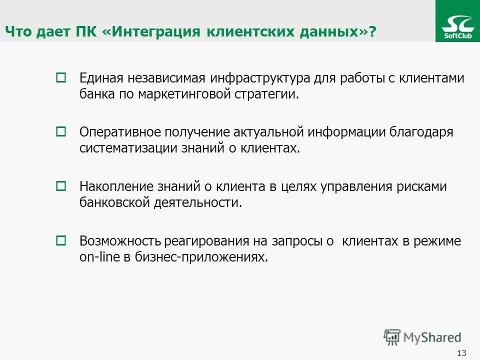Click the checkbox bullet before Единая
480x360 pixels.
point(60,78)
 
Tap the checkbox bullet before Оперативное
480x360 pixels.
point(60,132)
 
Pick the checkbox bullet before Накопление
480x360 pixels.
point(60,186)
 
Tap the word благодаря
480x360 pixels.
point(423,132)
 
